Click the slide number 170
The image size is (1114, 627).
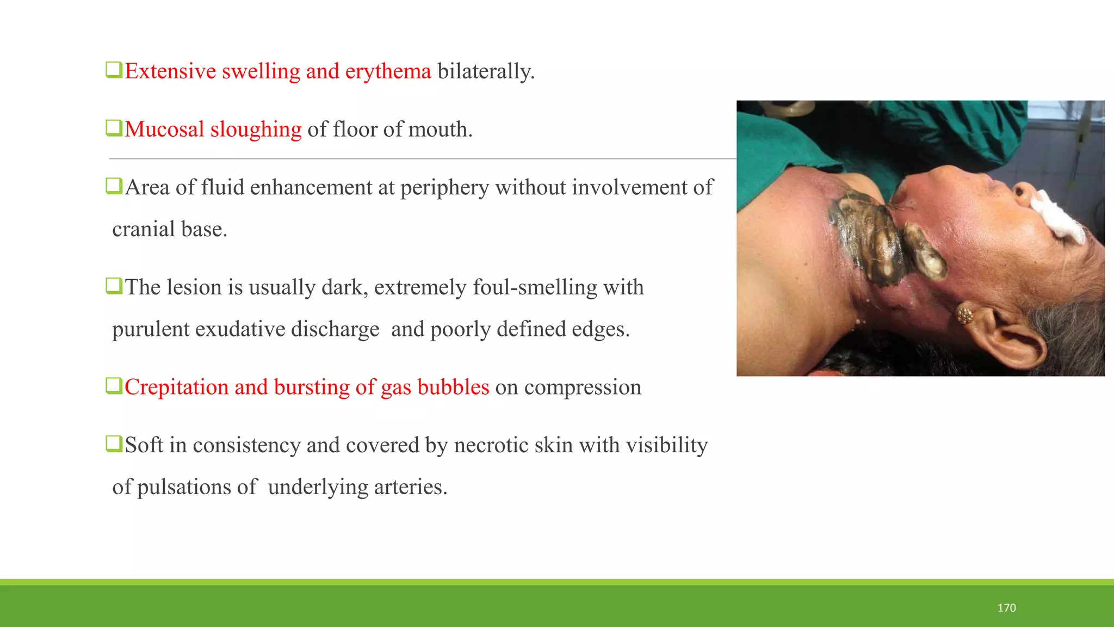click(x=1006, y=608)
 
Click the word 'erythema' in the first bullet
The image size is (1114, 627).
click(x=388, y=71)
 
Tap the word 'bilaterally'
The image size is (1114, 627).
click(x=485, y=71)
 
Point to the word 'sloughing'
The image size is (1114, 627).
click(x=256, y=130)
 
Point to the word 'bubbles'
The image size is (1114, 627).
click(x=453, y=387)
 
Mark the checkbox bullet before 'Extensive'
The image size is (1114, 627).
click(x=114, y=70)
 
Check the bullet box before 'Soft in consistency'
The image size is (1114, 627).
click(x=114, y=444)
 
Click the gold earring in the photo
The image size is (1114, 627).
click(x=964, y=315)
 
